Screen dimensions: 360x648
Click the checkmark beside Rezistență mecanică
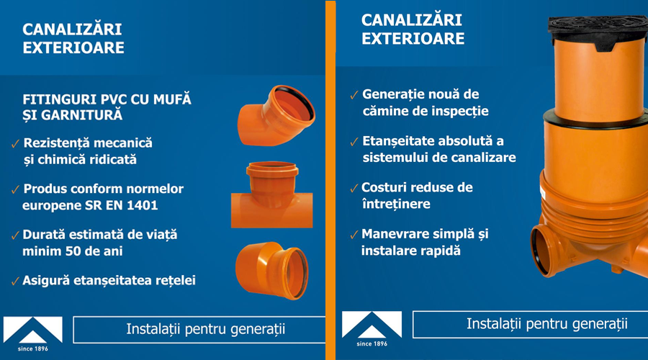click(16, 144)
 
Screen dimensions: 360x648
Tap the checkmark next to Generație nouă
click(354, 96)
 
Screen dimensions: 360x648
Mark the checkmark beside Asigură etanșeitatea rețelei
click(15, 281)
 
